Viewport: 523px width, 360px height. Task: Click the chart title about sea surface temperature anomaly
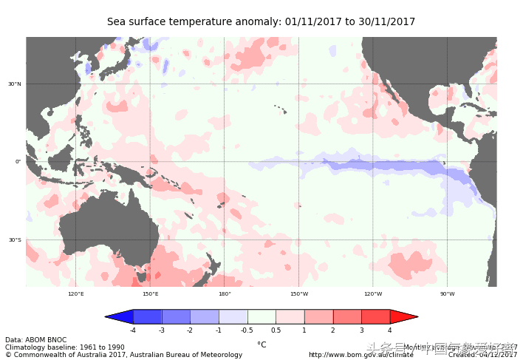tap(261, 22)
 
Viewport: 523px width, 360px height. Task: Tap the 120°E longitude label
tap(76, 294)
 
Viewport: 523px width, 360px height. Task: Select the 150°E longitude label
tap(150, 294)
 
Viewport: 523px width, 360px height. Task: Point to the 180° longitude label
tap(225, 294)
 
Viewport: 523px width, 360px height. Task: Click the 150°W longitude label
tap(298, 294)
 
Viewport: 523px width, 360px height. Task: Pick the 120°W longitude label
tap(373, 294)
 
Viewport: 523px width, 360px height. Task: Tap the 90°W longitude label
tap(447, 294)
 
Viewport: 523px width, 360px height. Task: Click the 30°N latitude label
tap(15, 84)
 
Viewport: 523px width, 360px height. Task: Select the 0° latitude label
tap(18, 161)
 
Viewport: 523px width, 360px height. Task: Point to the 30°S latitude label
tap(15, 240)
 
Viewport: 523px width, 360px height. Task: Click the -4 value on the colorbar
tap(133, 330)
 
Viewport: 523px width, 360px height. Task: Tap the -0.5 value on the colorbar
tap(247, 330)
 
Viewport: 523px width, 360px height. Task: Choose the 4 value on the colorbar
tap(389, 330)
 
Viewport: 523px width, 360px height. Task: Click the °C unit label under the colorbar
tap(261, 344)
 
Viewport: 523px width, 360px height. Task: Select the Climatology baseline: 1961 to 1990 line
tap(65, 347)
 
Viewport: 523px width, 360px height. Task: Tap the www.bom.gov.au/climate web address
tap(360, 355)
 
